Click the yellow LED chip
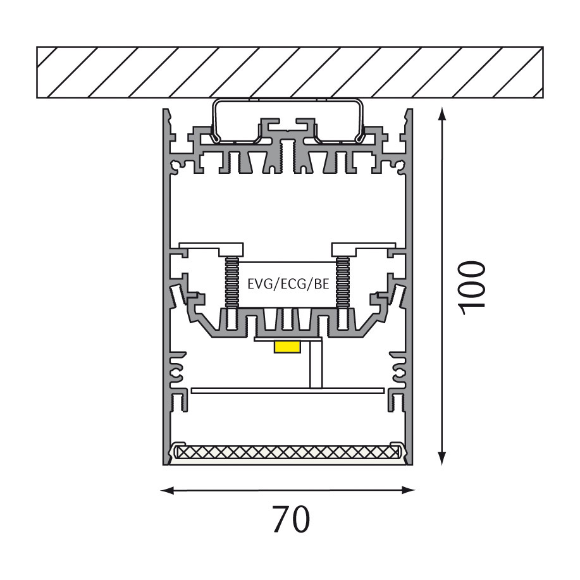point(287,347)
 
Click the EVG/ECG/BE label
point(288,284)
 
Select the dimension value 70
point(291,519)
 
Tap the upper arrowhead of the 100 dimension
point(441,114)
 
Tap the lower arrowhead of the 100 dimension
point(441,458)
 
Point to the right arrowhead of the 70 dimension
point(408,490)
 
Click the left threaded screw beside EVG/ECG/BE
point(232,282)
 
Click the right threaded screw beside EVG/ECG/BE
point(343,282)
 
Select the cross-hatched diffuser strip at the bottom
point(288,452)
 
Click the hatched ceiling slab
point(290,73)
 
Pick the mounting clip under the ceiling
point(287,120)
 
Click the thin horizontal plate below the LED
point(288,391)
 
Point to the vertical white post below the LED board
point(316,364)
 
